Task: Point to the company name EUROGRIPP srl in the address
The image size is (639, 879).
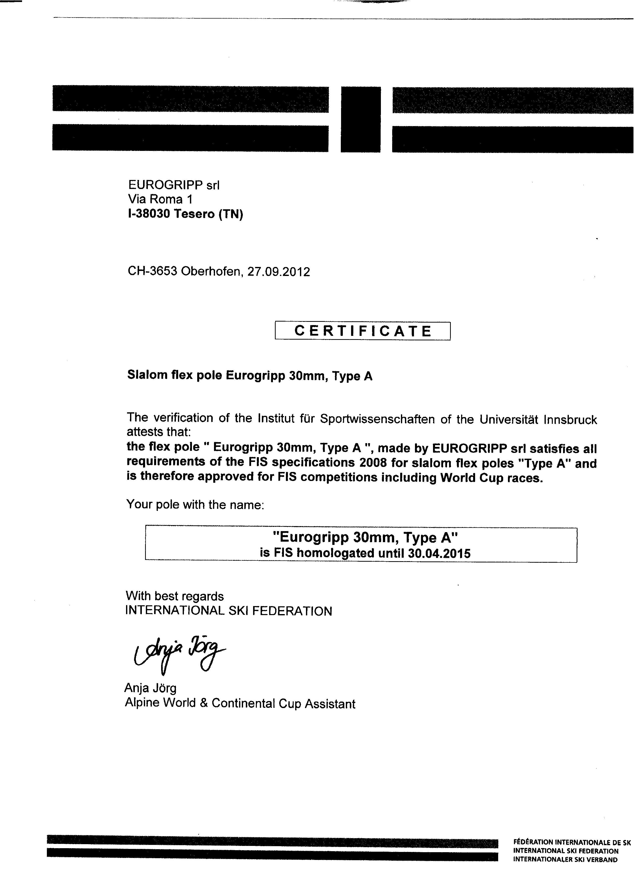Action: (174, 185)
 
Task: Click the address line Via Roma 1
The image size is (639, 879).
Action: (160, 199)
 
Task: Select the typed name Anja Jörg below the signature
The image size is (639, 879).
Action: (150, 688)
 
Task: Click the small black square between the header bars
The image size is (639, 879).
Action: (360, 119)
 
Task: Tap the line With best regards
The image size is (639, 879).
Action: (175, 596)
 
